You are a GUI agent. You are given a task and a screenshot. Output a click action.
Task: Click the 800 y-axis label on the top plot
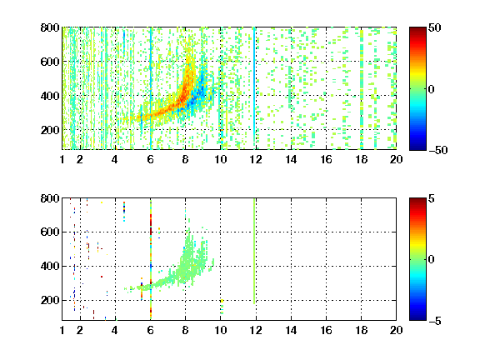(50, 27)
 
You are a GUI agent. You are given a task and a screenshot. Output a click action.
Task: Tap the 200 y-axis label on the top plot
(50, 130)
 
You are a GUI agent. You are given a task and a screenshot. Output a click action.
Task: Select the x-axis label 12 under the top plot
(256, 159)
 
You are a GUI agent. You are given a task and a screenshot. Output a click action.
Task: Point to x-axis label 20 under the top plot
(396, 159)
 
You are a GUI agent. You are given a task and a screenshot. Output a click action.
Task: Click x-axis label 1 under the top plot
(62, 159)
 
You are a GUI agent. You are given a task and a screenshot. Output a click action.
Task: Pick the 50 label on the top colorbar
(435, 27)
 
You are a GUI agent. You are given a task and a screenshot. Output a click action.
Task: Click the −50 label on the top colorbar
(438, 150)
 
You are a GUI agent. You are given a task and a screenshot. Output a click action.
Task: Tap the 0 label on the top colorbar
(432, 89)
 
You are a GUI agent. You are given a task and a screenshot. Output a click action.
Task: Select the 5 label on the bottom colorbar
(432, 198)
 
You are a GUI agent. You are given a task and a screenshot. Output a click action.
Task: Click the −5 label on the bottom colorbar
(435, 321)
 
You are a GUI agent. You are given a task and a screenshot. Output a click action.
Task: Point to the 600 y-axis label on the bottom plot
(50, 232)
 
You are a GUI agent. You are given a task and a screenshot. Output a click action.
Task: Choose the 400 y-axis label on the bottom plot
(50, 266)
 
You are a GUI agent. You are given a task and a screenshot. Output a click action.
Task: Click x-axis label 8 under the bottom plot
(185, 330)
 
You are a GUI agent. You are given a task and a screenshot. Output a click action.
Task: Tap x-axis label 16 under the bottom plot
(326, 330)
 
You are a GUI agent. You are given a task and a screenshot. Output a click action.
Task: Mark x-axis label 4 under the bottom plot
(115, 330)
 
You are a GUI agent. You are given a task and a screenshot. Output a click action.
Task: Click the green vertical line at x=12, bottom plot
(254, 251)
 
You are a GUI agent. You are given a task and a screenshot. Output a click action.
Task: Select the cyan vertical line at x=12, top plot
(254, 88)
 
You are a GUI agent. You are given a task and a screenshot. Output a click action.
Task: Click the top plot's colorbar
(417, 89)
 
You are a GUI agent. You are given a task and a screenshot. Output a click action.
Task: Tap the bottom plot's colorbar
(417, 259)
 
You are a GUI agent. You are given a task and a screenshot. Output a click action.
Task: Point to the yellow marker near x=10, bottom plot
(222, 301)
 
